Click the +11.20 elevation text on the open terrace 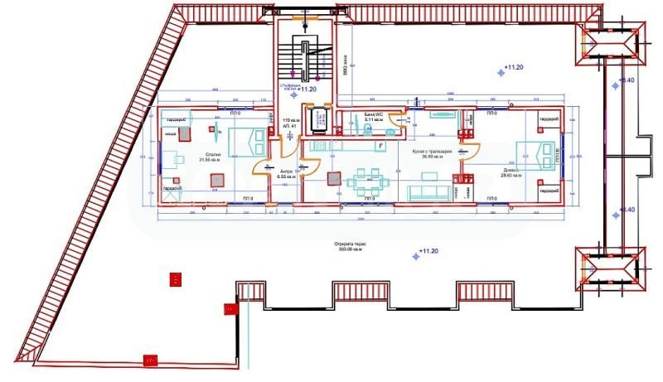429,250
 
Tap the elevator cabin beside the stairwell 317,119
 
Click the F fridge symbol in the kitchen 380,145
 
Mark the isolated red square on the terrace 175,279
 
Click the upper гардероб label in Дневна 549,121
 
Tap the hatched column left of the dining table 334,177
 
